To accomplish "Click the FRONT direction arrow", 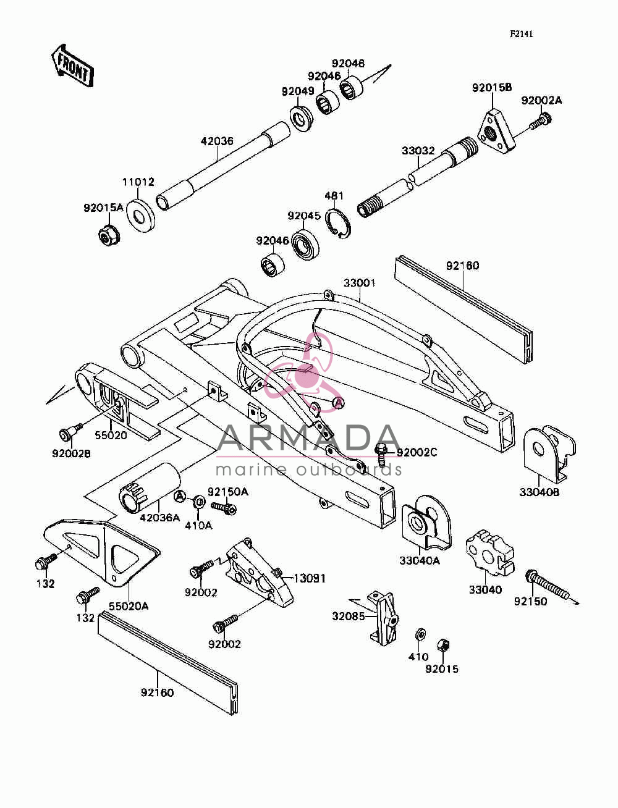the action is tap(72, 66).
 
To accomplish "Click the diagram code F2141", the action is tap(521, 34).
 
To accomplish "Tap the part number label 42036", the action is tap(217, 141).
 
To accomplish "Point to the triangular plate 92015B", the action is tap(496, 131).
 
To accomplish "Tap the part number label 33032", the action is tap(418, 151).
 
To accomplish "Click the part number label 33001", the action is tap(360, 283).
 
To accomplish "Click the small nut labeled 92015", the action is tap(443, 646).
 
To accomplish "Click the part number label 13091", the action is tap(310, 578).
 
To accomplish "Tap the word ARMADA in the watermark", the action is tap(308, 438).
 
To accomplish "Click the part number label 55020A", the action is tap(129, 606).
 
